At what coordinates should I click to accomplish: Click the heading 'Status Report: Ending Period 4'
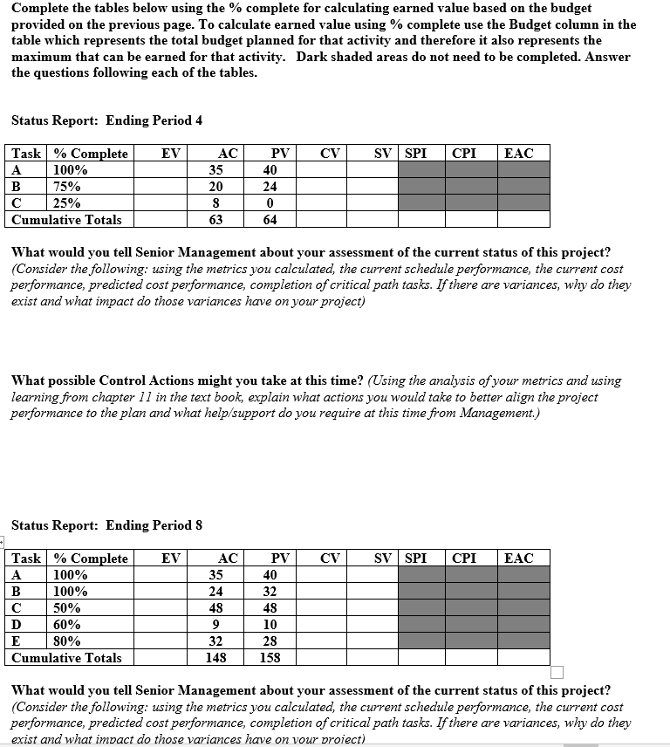(106, 120)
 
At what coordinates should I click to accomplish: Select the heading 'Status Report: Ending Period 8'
(106, 525)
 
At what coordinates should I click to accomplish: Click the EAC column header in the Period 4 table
(519, 154)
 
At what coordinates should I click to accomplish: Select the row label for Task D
(17, 625)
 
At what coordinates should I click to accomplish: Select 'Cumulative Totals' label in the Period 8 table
(66, 658)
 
